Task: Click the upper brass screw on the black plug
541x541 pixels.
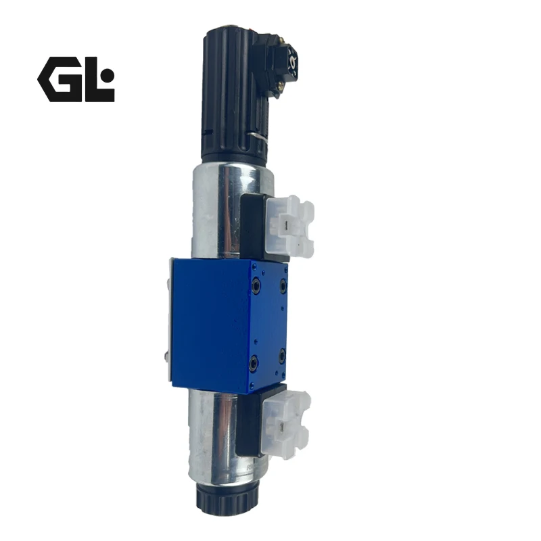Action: (x=283, y=41)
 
